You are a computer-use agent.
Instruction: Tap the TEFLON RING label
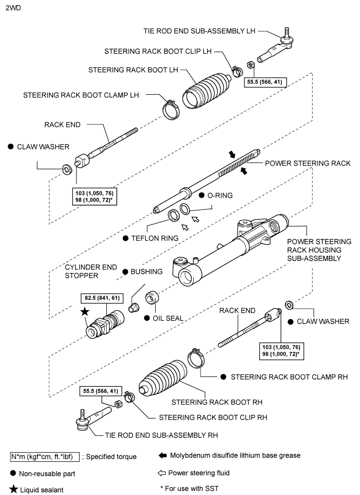(154, 238)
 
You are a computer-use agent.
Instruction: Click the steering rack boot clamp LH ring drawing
(170, 109)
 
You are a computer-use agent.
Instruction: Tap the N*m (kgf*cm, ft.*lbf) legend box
(44, 456)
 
